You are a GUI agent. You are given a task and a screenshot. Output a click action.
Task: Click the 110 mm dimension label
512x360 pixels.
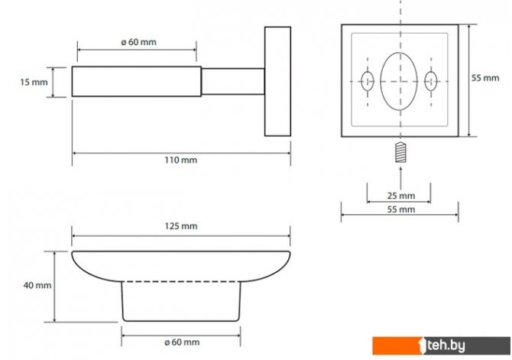(181, 160)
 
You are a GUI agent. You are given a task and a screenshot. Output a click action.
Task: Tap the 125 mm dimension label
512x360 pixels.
(181, 226)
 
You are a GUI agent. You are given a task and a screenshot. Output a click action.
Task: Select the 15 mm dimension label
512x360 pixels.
(34, 82)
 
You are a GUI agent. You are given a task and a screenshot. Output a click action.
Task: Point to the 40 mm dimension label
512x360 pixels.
(37, 285)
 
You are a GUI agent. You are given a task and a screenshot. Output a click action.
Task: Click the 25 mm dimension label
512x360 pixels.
(401, 196)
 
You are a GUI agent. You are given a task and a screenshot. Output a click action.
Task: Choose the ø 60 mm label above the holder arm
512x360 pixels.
(139, 42)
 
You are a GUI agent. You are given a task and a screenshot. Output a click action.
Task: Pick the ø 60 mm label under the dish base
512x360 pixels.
(182, 342)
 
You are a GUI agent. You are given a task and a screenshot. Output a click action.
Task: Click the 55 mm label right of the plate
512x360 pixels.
(485, 78)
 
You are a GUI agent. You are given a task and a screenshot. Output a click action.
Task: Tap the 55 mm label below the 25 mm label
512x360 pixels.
(401, 209)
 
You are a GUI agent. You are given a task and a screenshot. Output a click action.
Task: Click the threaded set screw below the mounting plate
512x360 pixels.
(400, 153)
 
